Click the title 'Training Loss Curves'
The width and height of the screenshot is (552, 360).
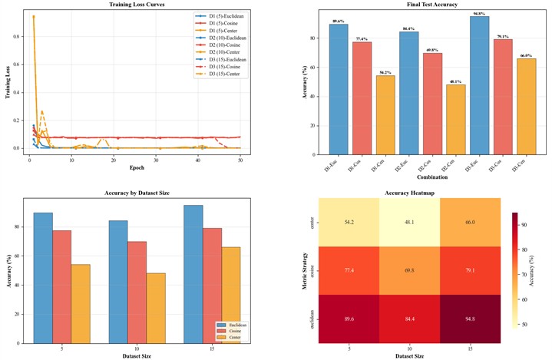136,5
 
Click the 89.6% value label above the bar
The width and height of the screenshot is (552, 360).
339,21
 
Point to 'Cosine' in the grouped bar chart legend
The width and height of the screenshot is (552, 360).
230,331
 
